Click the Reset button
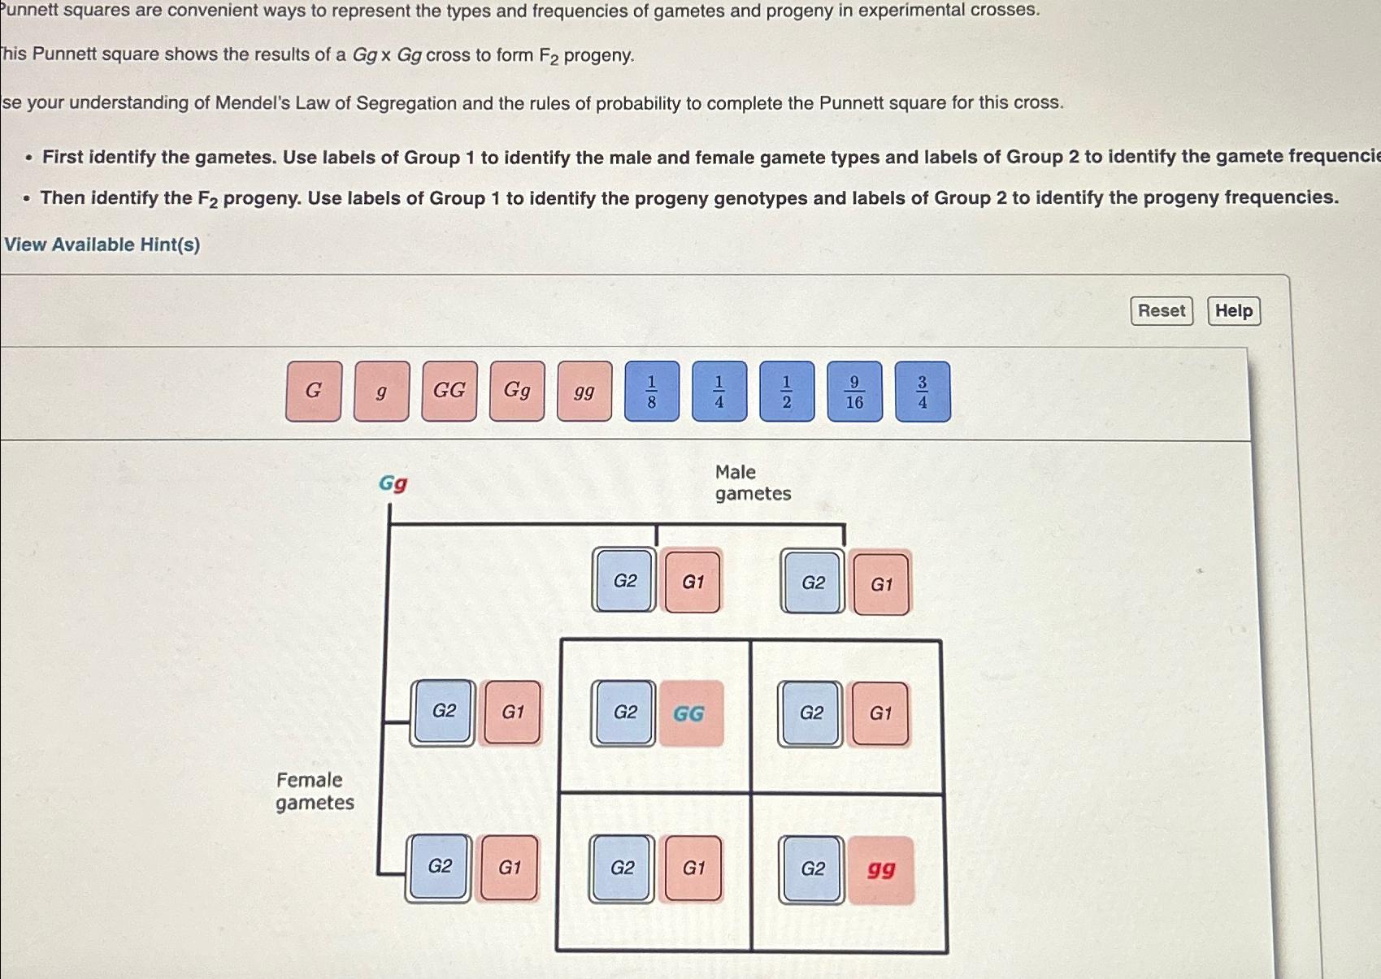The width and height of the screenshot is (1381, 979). coord(1161,311)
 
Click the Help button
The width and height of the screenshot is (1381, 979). coord(1233,311)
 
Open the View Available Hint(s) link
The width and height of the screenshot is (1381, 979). coord(102,245)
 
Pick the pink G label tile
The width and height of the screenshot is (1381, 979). coord(314,392)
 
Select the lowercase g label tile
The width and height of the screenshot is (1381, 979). coord(381,392)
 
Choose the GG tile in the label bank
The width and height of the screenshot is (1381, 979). coord(449,392)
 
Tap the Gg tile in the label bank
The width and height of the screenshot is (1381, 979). coord(517,392)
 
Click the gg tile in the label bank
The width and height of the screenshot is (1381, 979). coord(584,392)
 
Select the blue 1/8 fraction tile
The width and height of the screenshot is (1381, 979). coord(652,392)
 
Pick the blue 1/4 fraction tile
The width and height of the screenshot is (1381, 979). coord(719,392)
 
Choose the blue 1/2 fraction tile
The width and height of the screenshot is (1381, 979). coord(787,392)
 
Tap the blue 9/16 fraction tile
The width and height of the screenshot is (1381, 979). coord(854,392)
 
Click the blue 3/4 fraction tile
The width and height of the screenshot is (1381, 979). coord(923,392)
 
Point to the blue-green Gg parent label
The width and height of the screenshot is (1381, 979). coord(393,483)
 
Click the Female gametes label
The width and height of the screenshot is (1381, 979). coord(315,791)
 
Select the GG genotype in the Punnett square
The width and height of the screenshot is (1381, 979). coord(690,713)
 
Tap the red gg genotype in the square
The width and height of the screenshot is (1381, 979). coord(881,870)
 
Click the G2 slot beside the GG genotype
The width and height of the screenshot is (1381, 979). coord(624,713)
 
